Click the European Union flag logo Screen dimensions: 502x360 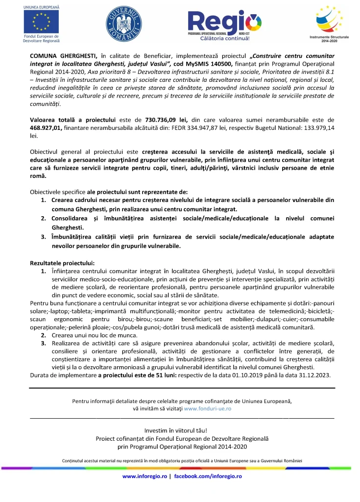[41, 22]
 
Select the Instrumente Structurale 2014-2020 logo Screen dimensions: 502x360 [326, 22]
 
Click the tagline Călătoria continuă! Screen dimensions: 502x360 [225, 38]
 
